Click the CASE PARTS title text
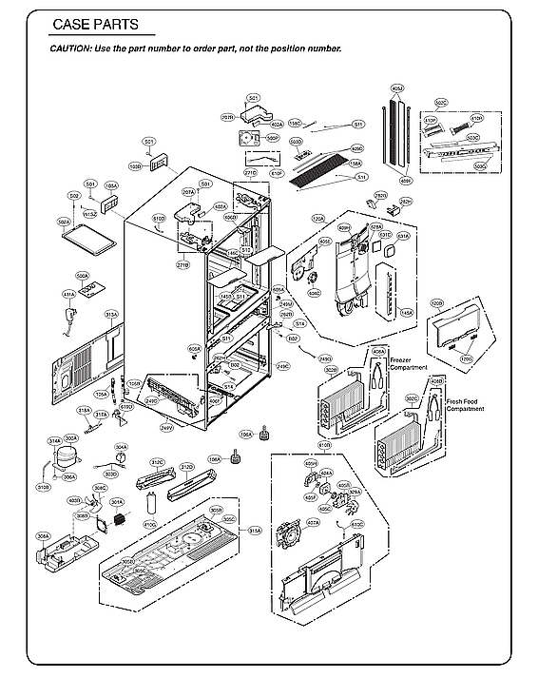pos(95,25)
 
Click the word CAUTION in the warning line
pos(71,48)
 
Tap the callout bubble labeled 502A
pos(64,223)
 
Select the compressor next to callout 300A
pos(66,457)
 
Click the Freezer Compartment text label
pos(408,363)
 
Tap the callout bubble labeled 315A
pos(255,530)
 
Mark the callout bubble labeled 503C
pos(472,138)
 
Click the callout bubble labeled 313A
pos(111,314)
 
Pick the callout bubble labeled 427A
pos(313,522)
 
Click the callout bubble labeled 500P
pos(272,138)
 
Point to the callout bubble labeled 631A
pos(403,236)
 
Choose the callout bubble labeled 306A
pos(43,536)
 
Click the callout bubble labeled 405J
pos(397,88)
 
